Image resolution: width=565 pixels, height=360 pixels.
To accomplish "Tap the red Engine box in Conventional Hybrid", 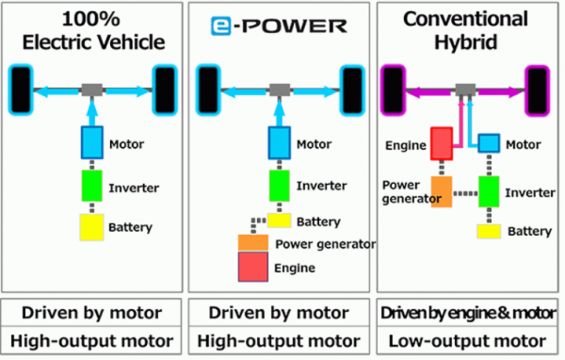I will [x=444, y=144].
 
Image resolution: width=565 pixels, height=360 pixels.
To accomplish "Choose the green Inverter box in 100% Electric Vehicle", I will [x=92, y=185].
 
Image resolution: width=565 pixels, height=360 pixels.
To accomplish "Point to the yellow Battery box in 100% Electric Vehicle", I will [x=92, y=227].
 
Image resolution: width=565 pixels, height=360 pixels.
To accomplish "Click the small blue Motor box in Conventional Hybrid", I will [x=489, y=143].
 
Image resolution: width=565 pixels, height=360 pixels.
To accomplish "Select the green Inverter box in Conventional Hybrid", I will [x=488, y=190].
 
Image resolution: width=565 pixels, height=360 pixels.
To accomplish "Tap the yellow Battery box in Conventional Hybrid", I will [x=488, y=231].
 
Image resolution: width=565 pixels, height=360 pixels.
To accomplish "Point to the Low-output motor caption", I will [x=467, y=340].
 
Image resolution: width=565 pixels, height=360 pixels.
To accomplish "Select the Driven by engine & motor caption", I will [x=467, y=312].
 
